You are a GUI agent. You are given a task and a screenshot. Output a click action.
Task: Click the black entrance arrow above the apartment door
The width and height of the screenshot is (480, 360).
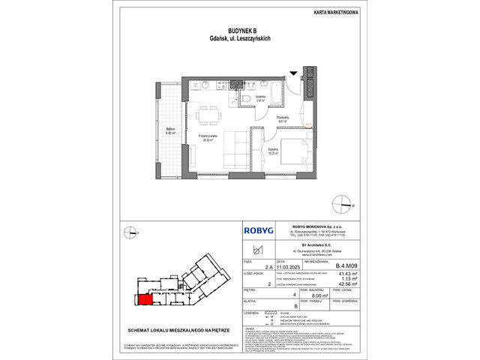click(293, 73)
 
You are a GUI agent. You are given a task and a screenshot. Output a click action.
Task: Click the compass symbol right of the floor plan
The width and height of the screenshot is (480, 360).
click(345, 202)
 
